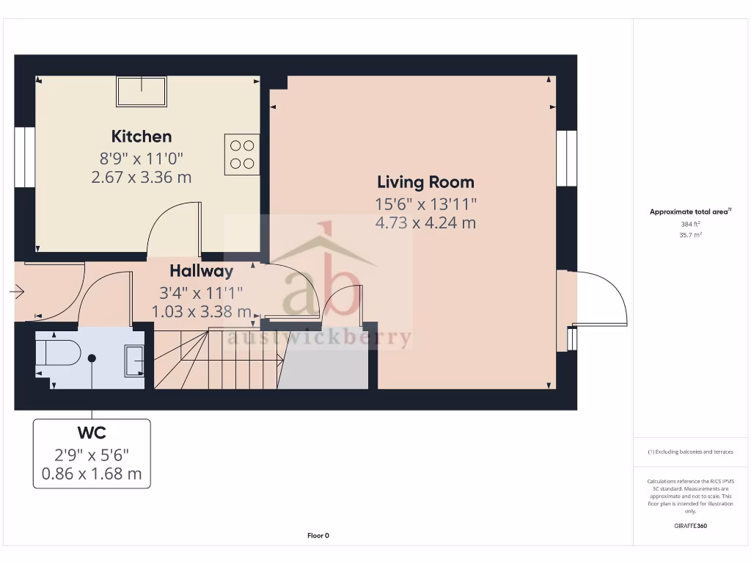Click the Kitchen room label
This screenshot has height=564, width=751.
[142, 136]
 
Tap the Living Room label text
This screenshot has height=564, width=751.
[425, 182]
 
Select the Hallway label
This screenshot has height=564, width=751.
[201, 271]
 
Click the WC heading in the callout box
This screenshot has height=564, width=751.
[92, 431]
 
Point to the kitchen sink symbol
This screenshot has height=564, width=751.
[142, 91]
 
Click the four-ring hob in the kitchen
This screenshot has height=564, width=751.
[242, 154]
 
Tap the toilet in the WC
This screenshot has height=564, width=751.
[59, 353]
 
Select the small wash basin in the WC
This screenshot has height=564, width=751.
[135, 361]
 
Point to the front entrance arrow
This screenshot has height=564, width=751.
[17, 292]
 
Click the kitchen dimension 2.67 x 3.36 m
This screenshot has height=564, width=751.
[142, 177]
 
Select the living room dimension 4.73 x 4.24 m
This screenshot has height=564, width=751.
[425, 223]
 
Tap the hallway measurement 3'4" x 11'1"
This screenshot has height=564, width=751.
[201, 292]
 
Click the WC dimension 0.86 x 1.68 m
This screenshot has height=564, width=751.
[92, 474]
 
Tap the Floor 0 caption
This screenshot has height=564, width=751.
[318, 535]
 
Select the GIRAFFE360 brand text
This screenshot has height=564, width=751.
[690, 526]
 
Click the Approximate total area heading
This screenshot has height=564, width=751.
[689, 211]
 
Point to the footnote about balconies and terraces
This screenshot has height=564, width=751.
[690, 452]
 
